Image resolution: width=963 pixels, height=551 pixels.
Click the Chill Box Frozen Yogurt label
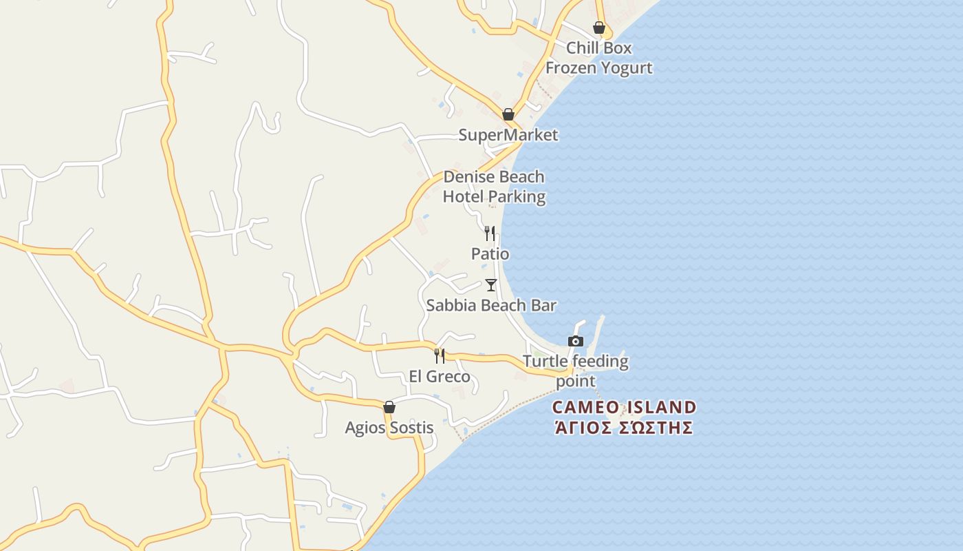pyautogui.click(x=598, y=58)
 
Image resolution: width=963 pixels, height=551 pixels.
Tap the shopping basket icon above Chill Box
pyautogui.click(x=599, y=28)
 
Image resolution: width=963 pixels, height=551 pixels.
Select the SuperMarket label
pyautogui.click(x=508, y=135)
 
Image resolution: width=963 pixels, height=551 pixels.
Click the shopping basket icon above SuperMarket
pyautogui.click(x=508, y=114)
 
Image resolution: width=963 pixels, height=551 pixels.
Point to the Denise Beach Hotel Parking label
pyautogui.click(x=494, y=187)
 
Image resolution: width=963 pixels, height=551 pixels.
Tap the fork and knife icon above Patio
pyautogui.click(x=490, y=233)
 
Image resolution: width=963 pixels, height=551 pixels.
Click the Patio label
pyautogui.click(x=490, y=254)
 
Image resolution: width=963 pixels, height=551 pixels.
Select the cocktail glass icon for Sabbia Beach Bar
pyautogui.click(x=490, y=285)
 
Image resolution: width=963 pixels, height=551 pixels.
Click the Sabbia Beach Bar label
pyautogui.click(x=491, y=305)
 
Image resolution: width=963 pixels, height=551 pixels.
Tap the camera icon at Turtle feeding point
pyautogui.click(x=576, y=341)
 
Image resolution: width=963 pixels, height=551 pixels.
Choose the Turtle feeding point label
pyautogui.click(x=576, y=371)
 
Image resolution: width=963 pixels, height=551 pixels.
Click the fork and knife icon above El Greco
pyautogui.click(x=439, y=356)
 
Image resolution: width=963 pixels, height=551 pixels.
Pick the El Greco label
pyautogui.click(x=440, y=377)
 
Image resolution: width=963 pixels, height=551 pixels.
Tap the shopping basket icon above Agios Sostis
pyautogui.click(x=389, y=407)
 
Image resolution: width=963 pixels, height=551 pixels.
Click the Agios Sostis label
pyautogui.click(x=389, y=428)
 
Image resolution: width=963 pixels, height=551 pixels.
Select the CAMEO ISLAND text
pyautogui.click(x=624, y=407)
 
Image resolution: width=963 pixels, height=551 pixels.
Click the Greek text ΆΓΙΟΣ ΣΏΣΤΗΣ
pyautogui.click(x=624, y=428)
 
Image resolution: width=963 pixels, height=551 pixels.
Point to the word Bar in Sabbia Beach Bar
pyautogui.click(x=543, y=305)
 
